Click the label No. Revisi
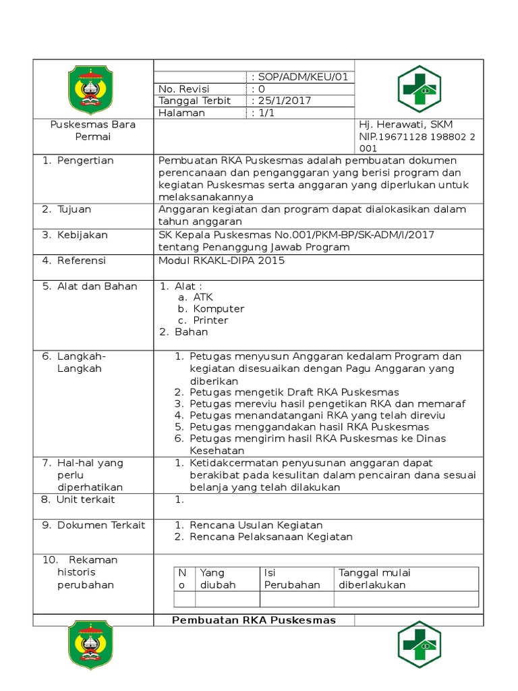click(x=184, y=89)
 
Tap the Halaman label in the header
click(x=181, y=113)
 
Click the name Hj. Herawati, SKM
click(x=406, y=125)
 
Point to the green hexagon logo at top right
click(x=419, y=88)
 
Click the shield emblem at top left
click(x=92, y=88)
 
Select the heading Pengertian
click(x=85, y=161)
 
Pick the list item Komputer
click(x=219, y=309)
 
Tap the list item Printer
click(x=210, y=321)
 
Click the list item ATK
click(x=203, y=297)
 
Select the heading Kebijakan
click(x=82, y=236)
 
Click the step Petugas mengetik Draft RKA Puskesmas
click(x=294, y=392)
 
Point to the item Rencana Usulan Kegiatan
click(x=256, y=525)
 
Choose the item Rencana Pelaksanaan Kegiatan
click(x=271, y=537)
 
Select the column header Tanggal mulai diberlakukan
click(x=374, y=579)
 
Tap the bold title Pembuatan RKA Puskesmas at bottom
click(x=254, y=620)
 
